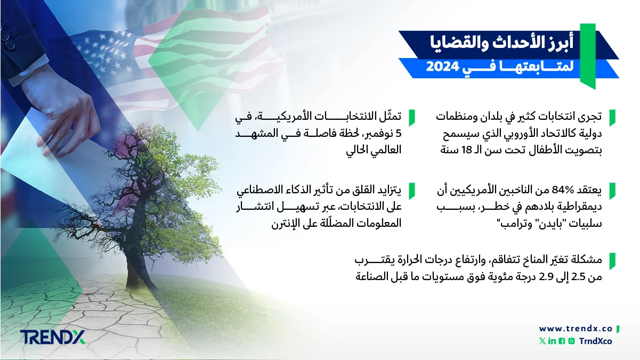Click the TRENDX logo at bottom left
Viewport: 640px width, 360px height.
click(x=52, y=337)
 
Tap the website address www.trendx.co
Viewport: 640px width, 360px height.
click(x=575, y=329)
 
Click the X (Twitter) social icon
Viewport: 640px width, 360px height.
click(x=542, y=341)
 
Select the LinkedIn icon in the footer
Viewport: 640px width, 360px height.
click(x=552, y=341)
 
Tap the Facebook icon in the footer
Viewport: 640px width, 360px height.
click(x=561, y=341)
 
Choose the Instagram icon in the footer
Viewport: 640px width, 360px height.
click(x=571, y=341)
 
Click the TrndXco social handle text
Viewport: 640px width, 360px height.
click(x=595, y=341)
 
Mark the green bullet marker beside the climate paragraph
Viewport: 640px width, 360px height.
click(x=612, y=260)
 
